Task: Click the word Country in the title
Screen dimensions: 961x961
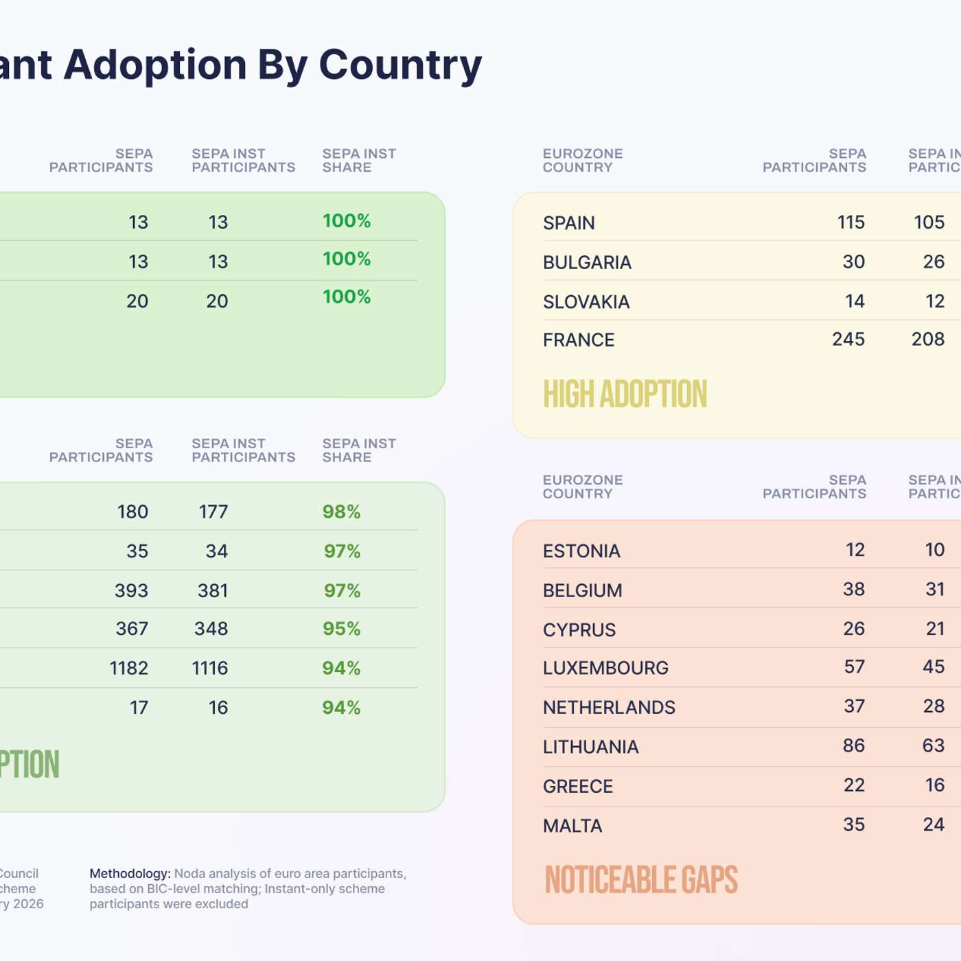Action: (400, 65)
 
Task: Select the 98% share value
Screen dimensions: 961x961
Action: (341, 512)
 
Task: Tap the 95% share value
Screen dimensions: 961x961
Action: (341, 629)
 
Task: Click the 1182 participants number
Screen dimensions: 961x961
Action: (129, 669)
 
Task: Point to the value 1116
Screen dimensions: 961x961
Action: (209, 669)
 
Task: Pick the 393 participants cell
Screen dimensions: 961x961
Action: (131, 591)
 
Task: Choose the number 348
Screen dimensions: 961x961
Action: (211, 629)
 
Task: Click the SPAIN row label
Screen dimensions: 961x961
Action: (569, 223)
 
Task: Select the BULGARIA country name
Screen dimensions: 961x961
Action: (587, 263)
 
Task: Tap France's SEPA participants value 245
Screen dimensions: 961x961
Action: (848, 340)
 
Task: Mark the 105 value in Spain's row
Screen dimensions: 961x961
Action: (929, 222)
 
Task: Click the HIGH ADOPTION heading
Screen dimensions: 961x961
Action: (625, 395)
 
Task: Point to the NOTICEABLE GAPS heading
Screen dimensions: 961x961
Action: (641, 881)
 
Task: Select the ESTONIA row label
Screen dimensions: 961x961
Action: (581, 551)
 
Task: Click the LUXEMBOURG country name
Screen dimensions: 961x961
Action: (605, 668)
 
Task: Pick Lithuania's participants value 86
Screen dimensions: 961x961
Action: (854, 746)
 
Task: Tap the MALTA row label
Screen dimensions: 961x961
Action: (572, 826)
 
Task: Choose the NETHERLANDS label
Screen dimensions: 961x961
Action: (609, 708)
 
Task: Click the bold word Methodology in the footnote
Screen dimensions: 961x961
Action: (130, 874)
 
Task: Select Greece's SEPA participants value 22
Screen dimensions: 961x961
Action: (854, 785)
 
